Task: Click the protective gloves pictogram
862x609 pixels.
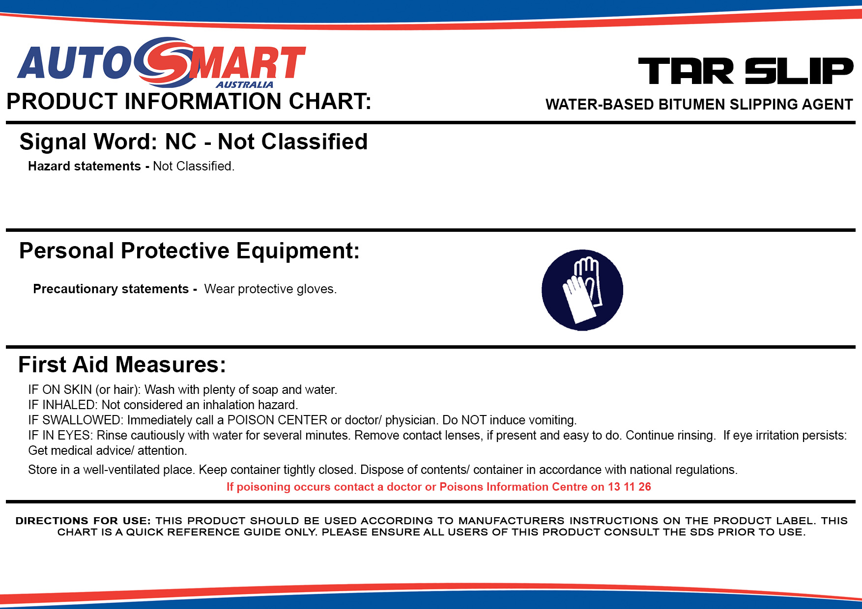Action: [582, 290]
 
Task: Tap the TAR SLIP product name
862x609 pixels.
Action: [746, 71]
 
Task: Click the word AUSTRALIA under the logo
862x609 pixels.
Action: [245, 84]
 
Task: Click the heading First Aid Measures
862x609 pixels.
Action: [122, 365]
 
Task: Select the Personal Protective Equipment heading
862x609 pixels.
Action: [189, 251]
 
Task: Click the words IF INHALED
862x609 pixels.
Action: [63, 405]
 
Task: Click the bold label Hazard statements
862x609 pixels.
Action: [85, 166]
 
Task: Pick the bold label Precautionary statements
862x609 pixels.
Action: [111, 289]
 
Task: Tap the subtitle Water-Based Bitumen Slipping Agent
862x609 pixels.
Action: [699, 104]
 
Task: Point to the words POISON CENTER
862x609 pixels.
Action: [277, 420]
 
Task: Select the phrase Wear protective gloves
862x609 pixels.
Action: [270, 289]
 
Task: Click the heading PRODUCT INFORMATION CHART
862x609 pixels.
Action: [189, 101]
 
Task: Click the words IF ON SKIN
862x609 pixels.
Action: [60, 389]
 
